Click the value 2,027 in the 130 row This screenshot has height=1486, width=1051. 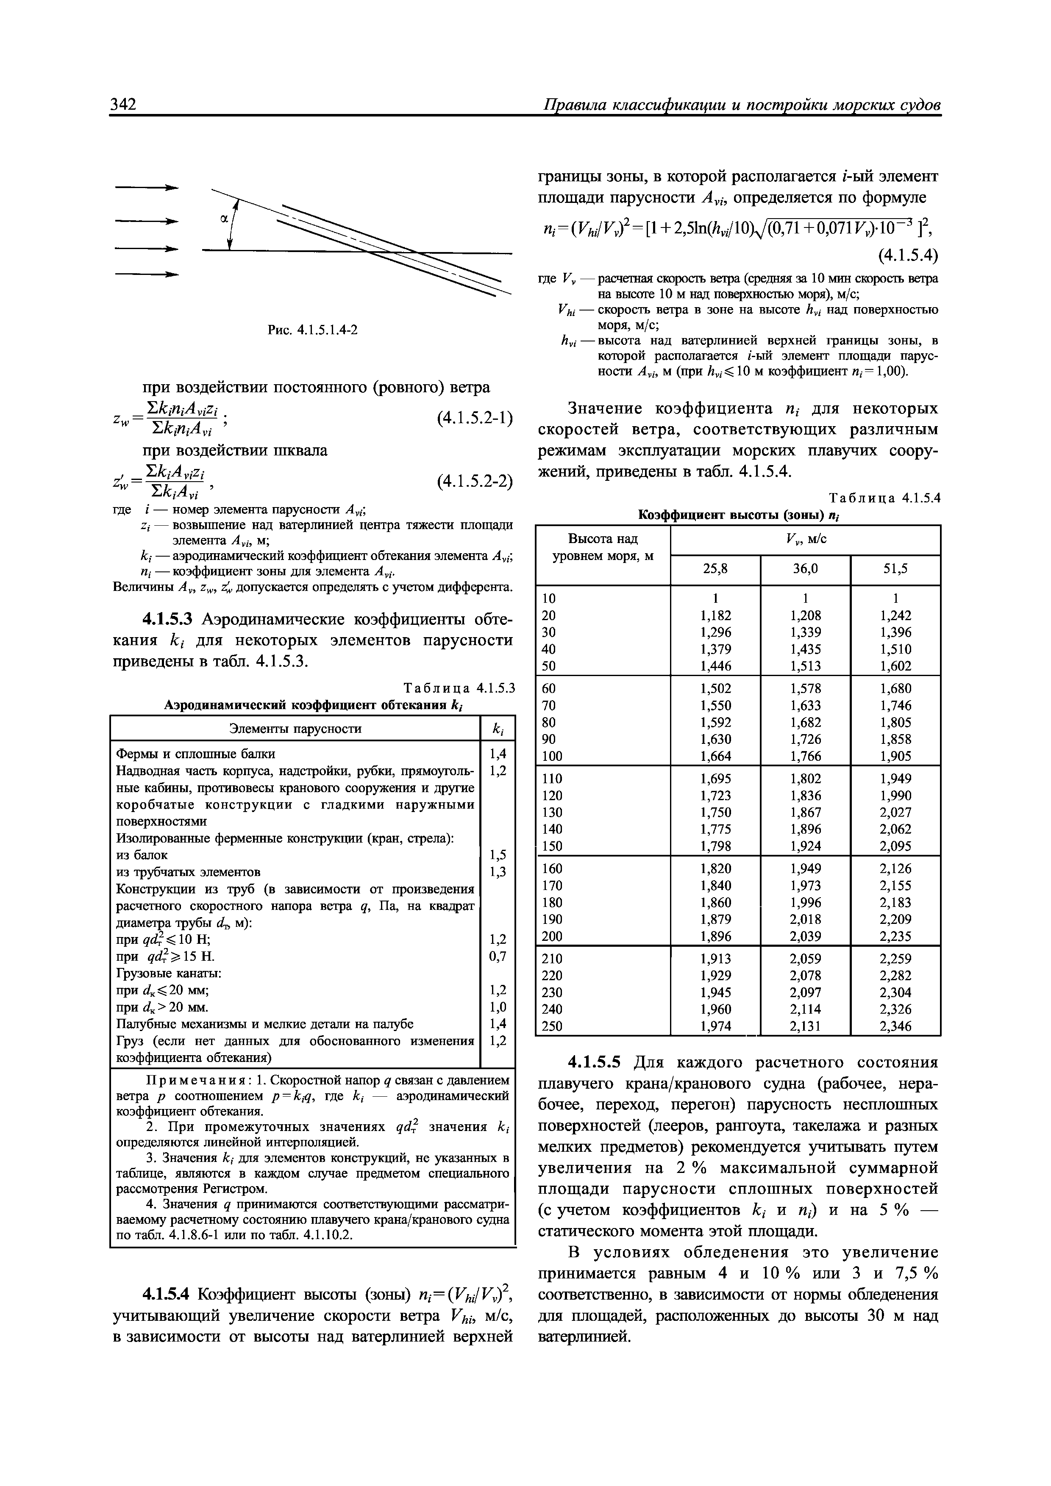pyautogui.click(x=895, y=812)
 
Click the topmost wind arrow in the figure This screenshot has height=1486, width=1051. pyautogui.click(x=146, y=188)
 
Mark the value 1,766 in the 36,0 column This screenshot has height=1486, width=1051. pyautogui.click(x=805, y=756)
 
